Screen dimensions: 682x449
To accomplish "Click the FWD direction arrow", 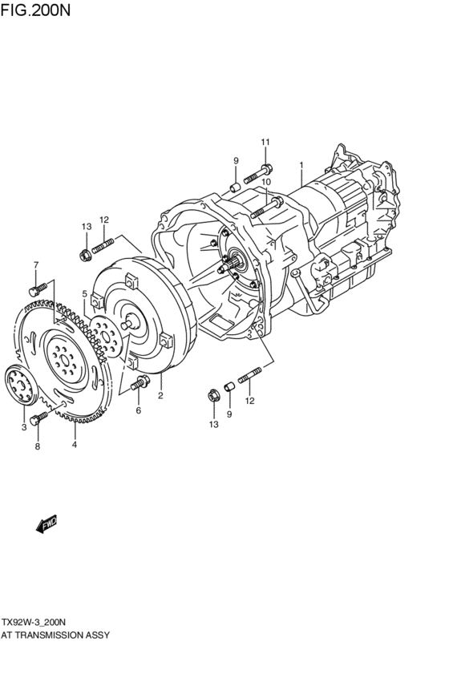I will tap(47, 523).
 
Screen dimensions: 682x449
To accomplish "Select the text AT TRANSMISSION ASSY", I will tap(55, 634).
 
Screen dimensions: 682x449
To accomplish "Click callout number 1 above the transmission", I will tap(301, 166).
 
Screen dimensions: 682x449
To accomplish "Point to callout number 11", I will tap(265, 143).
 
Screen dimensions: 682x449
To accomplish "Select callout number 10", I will tap(266, 182).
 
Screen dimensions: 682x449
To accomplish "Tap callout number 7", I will tap(35, 264).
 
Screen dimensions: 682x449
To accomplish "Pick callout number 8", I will tap(36, 447).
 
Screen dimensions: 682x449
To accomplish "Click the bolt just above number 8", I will tap(37, 419).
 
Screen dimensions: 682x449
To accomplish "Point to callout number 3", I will tap(24, 428).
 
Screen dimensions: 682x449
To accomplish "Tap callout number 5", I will tap(84, 294).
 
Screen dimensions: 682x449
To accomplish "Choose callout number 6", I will tap(138, 410).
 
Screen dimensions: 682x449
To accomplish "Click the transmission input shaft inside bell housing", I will tap(236, 260).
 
